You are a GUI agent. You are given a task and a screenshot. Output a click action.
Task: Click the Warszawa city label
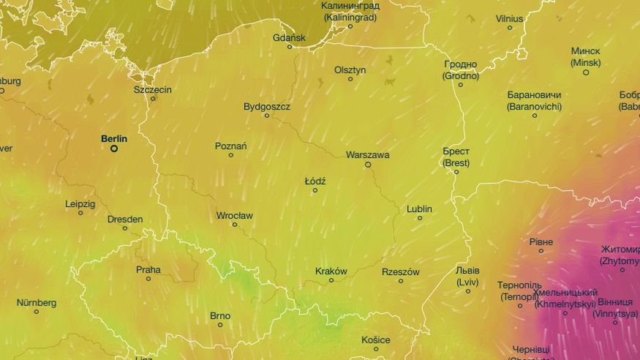[x=367, y=155]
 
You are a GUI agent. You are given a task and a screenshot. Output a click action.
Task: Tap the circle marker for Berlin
[x=114, y=149]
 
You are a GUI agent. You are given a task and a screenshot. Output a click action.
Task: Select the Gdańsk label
[x=289, y=37]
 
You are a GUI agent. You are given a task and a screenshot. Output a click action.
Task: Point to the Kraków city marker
[x=331, y=280]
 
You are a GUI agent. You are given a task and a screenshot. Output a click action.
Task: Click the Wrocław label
[x=234, y=215]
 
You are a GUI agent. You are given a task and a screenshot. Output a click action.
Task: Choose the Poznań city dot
[x=231, y=155]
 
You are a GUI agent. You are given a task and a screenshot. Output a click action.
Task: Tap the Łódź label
[x=315, y=181]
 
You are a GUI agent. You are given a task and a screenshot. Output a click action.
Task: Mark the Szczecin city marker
[x=153, y=99]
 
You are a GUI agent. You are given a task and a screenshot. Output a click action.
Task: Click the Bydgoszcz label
[x=267, y=107]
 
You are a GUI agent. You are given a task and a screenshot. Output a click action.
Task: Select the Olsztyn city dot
[x=350, y=79]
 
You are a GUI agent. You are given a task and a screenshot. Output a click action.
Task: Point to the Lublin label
[x=420, y=209]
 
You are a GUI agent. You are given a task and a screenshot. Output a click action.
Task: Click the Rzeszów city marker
[x=401, y=281]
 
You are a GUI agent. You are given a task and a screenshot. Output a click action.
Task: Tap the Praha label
[x=148, y=269]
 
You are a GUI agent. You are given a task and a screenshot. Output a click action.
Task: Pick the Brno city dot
[x=220, y=325]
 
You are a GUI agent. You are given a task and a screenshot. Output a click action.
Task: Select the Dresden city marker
[x=125, y=228]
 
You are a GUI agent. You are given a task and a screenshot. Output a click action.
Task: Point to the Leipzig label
[x=80, y=204]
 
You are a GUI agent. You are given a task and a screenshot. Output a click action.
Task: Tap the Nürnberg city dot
[x=37, y=312]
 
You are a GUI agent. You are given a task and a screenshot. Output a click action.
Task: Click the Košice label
[x=376, y=340]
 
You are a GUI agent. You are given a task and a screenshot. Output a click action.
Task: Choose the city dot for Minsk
[x=586, y=72]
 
